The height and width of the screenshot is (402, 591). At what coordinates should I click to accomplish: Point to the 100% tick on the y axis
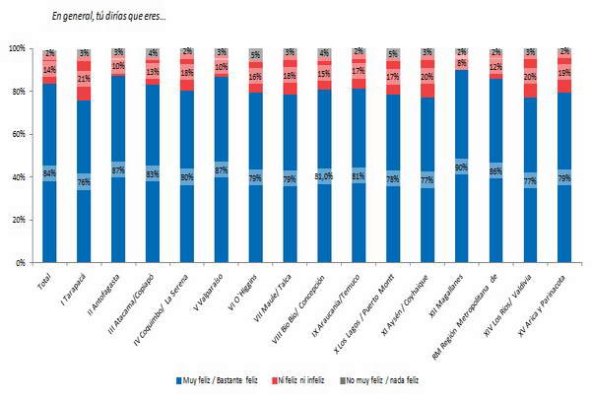tap(18, 48)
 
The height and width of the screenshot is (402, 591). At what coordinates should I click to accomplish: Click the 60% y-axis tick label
tap(18, 134)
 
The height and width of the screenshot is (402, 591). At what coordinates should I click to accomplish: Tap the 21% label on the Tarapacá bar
tap(84, 79)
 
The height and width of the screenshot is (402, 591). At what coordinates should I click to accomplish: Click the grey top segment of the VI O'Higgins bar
tap(255, 55)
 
